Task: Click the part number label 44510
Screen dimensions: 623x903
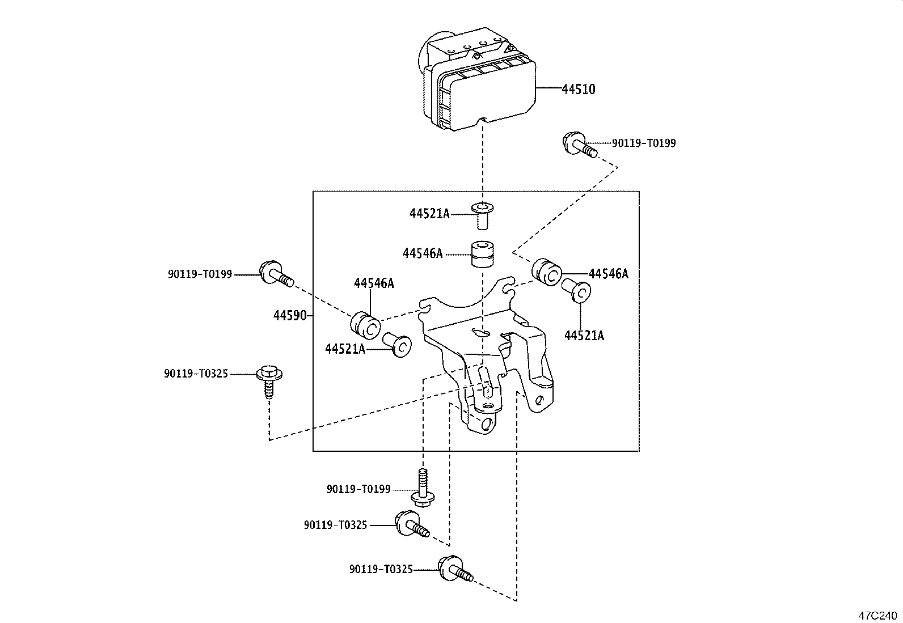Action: (x=579, y=89)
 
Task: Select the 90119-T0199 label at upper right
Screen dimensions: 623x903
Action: (x=644, y=143)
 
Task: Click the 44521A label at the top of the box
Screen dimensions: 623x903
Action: (x=429, y=214)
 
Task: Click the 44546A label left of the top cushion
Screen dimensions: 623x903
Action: (x=423, y=253)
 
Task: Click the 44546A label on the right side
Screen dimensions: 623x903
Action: (x=609, y=274)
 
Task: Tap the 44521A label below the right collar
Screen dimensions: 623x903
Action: (x=584, y=336)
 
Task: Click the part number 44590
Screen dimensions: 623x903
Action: (x=290, y=316)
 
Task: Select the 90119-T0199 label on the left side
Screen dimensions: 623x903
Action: (x=200, y=274)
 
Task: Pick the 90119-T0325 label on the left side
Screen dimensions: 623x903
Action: (x=196, y=374)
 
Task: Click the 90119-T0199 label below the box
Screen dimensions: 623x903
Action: (x=358, y=489)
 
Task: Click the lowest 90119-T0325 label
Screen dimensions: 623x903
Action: (x=381, y=569)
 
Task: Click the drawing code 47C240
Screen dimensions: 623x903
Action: (x=879, y=614)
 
